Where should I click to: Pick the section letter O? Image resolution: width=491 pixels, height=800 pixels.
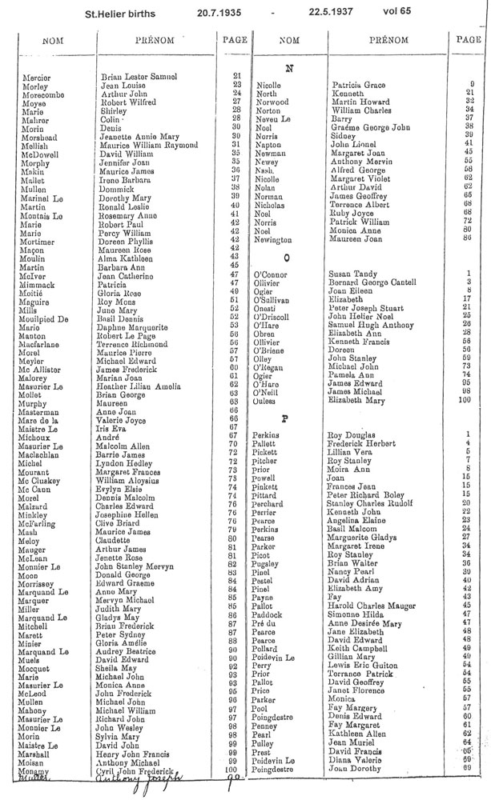pyautogui.click(x=287, y=259)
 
